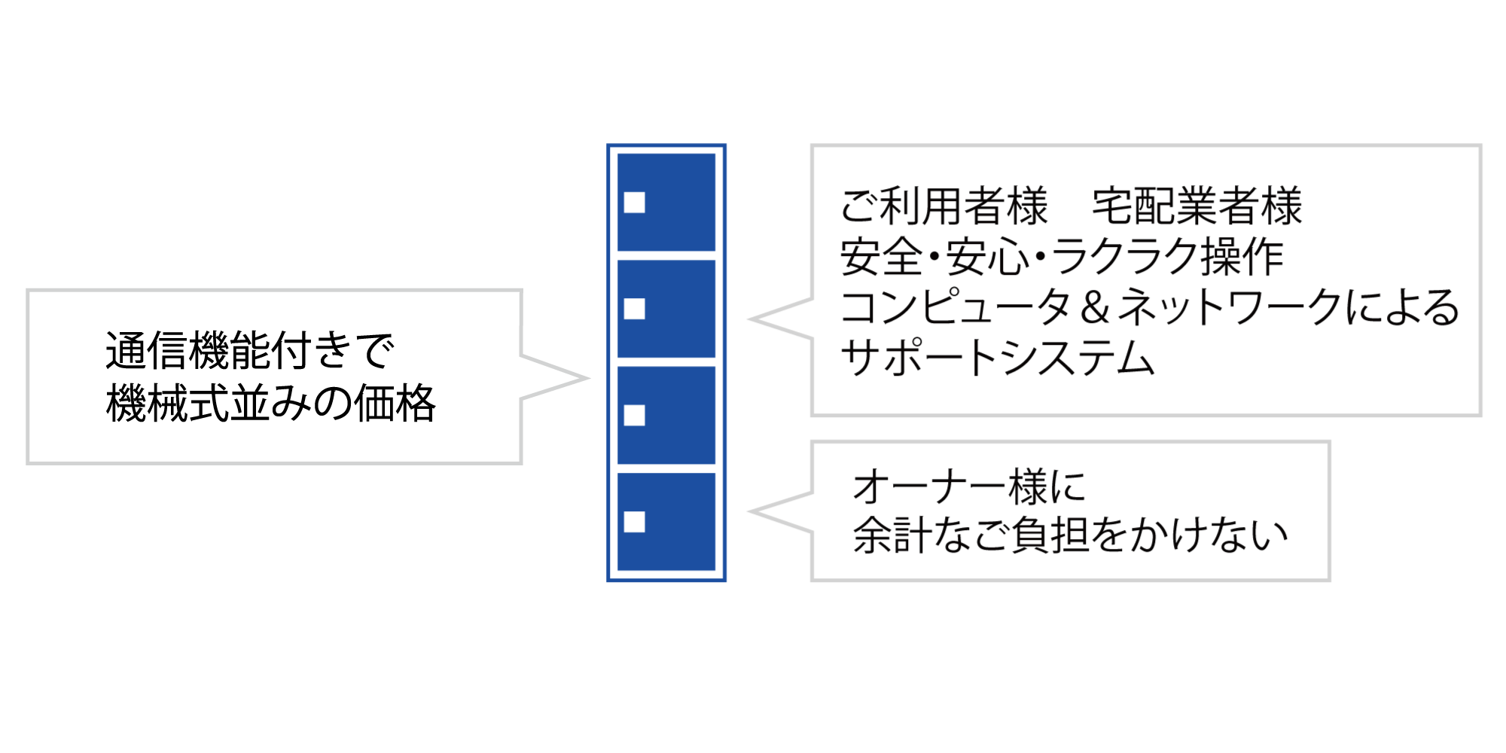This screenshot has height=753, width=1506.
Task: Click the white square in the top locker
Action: (635, 203)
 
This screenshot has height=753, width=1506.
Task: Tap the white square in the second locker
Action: (635, 309)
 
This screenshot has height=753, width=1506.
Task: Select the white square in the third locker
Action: (635, 416)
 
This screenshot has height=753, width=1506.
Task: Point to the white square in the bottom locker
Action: (635, 522)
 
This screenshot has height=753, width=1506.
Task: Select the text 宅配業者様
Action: (1197, 206)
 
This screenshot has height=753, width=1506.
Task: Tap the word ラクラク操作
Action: (1167, 257)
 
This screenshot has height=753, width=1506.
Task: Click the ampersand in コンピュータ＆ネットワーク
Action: (1094, 307)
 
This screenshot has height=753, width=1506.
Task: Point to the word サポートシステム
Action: (998, 358)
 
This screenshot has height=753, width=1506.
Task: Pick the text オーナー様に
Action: (970, 486)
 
